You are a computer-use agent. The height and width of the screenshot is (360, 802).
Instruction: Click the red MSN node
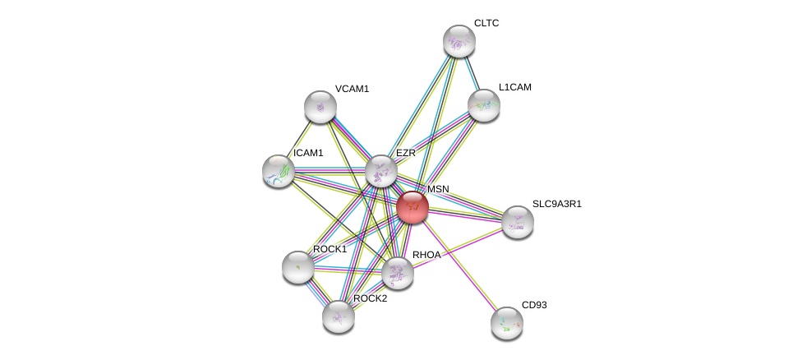[412, 206]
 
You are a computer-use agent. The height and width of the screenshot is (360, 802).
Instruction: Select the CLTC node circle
[459, 41]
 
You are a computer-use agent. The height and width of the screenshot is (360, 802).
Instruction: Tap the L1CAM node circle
[483, 104]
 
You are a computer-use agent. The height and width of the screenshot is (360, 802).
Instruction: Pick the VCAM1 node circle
[320, 106]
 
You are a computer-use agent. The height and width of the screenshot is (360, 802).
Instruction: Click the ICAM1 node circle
[279, 170]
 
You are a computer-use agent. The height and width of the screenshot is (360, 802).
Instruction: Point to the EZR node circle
[380, 171]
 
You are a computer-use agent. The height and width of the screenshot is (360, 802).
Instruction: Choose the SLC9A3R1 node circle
[517, 221]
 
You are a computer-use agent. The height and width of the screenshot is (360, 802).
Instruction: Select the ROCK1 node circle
[297, 266]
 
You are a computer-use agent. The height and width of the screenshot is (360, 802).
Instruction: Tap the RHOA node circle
[397, 273]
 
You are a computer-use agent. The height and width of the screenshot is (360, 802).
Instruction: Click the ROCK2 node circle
[338, 316]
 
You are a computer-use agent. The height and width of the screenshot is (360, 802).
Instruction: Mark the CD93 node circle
[506, 322]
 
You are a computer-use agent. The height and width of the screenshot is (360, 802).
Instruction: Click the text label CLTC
[486, 23]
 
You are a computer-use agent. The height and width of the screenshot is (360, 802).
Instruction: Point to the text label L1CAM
[514, 87]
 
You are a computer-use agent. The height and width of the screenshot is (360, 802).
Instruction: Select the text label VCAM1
[352, 89]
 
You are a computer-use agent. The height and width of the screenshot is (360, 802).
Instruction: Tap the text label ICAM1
[308, 153]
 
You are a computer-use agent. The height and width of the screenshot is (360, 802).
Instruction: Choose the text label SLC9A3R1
[556, 204]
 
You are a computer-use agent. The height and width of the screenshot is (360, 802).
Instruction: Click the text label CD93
[534, 305]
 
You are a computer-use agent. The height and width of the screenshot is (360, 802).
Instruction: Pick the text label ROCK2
[370, 298]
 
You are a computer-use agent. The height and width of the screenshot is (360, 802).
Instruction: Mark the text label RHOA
[426, 255]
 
